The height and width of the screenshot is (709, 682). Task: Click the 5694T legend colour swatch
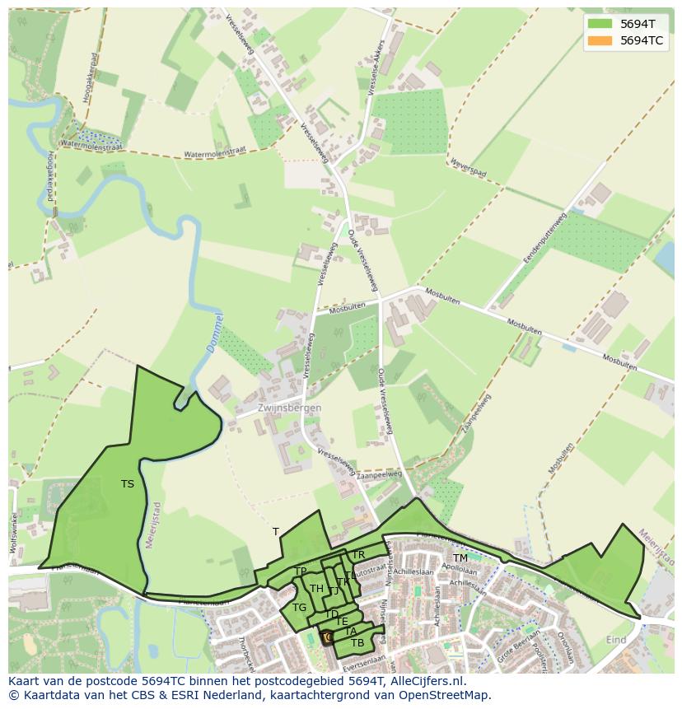[x=600, y=24]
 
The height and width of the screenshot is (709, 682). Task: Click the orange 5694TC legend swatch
[x=600, y=40]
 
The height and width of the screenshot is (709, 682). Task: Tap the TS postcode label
[x=127, y=484]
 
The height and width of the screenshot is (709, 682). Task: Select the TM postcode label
[x=460, y=558]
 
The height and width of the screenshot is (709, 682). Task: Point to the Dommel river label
[x=213, y=334]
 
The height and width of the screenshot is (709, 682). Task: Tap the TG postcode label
[x=299, y=608]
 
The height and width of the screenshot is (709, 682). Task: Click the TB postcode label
[x=357, y=642]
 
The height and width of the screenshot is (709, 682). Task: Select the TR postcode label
[x=358, y=556]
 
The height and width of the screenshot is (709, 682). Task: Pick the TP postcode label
[x=301, y=571]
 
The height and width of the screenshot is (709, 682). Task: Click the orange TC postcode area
[x=327, y=637]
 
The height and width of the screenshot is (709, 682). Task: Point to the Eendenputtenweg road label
[x=544, y=238]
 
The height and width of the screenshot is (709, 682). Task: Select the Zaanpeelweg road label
[x=380, y=475]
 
